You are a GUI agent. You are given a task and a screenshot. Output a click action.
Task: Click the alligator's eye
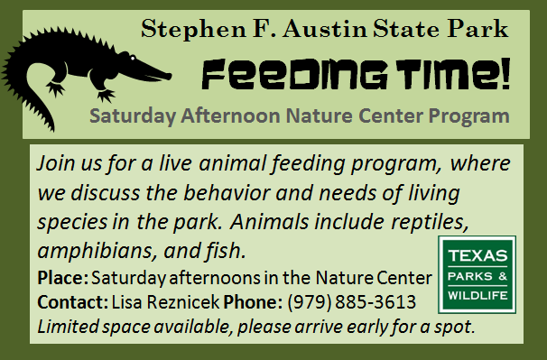click(133, 58)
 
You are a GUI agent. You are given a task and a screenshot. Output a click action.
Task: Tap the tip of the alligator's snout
click(171, 76)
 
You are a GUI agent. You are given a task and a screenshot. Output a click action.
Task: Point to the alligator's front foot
click(106, 95)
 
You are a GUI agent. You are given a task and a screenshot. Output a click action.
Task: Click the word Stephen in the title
click(193, 30)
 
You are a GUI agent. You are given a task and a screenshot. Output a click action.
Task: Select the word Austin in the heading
click(325, 29)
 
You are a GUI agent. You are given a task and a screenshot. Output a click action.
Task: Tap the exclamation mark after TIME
click(505, 74)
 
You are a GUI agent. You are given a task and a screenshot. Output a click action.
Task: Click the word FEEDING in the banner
click(294, 74)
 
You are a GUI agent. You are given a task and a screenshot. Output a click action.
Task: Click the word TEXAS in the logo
click(477, 255)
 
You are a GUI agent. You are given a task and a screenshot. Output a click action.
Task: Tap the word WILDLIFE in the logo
click(477, 295)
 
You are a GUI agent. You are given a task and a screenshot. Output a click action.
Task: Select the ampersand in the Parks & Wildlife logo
click(503, 276)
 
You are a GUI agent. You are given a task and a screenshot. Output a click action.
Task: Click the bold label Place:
click(63, 278)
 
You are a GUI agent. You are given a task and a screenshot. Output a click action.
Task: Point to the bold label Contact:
click(73, 302)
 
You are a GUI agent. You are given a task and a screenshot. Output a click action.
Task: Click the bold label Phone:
click(253, 302)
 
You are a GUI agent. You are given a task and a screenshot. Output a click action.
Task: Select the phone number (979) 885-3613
click(352, 302)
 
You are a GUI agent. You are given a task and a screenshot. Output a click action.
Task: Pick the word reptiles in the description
click(430, 222)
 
